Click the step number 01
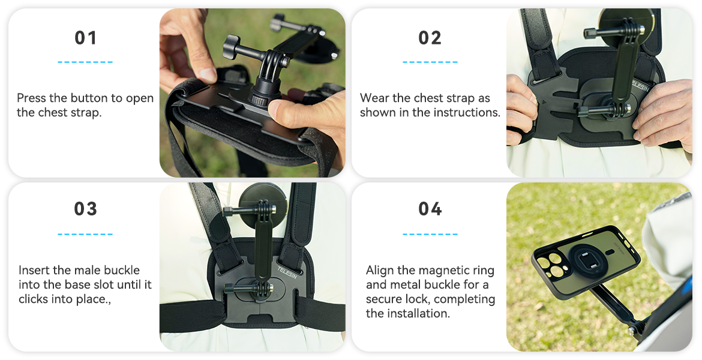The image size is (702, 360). (x=86, y=38)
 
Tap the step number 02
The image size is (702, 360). (x=430, y=38)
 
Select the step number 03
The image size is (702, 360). (x=86, y=209)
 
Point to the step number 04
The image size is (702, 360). (x=430, y=209)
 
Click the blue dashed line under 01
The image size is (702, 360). (x=85, y=62)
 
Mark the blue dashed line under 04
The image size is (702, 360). (x=430, y=234)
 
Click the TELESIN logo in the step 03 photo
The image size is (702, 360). (x=287, y=272)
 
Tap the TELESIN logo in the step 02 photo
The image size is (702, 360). (x=640, y=86)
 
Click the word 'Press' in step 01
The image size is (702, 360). (x=30, y=98)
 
